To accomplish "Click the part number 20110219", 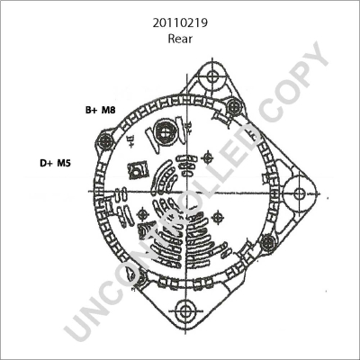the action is pos(180,23).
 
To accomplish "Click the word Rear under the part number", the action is pos(180,39).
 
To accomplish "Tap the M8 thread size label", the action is pos(108,110).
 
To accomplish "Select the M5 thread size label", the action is pos(64,163).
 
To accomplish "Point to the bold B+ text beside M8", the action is pos(91,110).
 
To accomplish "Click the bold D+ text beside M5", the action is pos(47,163).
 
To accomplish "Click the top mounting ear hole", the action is pos(212,76).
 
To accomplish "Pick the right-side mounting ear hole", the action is pos(299,193).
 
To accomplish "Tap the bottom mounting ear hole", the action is pos(184,310).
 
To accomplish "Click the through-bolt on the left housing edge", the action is pos(105,140).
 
